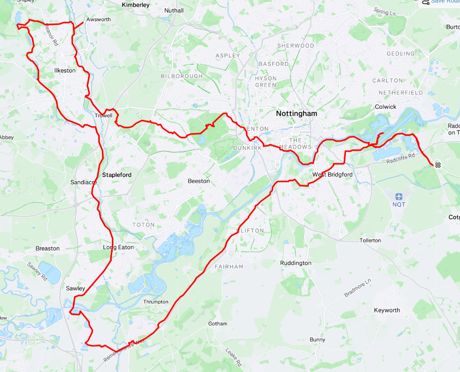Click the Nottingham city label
296,113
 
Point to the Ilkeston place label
64,71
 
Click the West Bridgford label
332,175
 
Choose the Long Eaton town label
118,247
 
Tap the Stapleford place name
116,175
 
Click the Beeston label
199,181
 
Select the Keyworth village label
387,310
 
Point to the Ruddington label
296,263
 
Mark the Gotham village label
218,324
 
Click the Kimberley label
136,5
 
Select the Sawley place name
75,288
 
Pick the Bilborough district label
182,76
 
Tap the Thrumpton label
155,302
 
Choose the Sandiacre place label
83,183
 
